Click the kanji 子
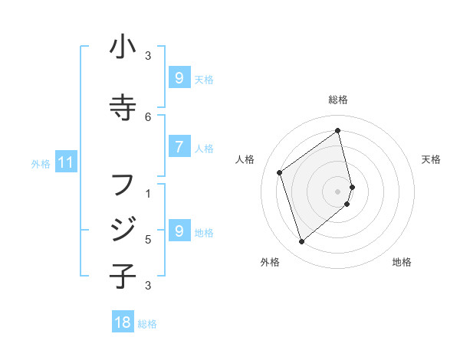(x=123, y=275)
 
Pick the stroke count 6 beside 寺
(x=149, y=116)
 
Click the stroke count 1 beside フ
(x=149, y=192)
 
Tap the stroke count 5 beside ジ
(x=149, y=239)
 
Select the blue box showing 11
(x=65, y=162)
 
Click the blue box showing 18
(x=123, y=322)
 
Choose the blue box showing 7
(x=179, y=148)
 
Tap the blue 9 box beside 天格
(x=179, y=78)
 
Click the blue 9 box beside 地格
(x=179, y=231)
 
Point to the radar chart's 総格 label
(x=338, y=100)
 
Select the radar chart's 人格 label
(x=245, y=159)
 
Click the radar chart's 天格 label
(x=431, y=159)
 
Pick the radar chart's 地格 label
(x=402, y=263)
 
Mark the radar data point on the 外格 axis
(x=301, y=242)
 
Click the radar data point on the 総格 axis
(x=338, y=131)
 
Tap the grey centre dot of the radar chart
(x=338, y=191)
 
